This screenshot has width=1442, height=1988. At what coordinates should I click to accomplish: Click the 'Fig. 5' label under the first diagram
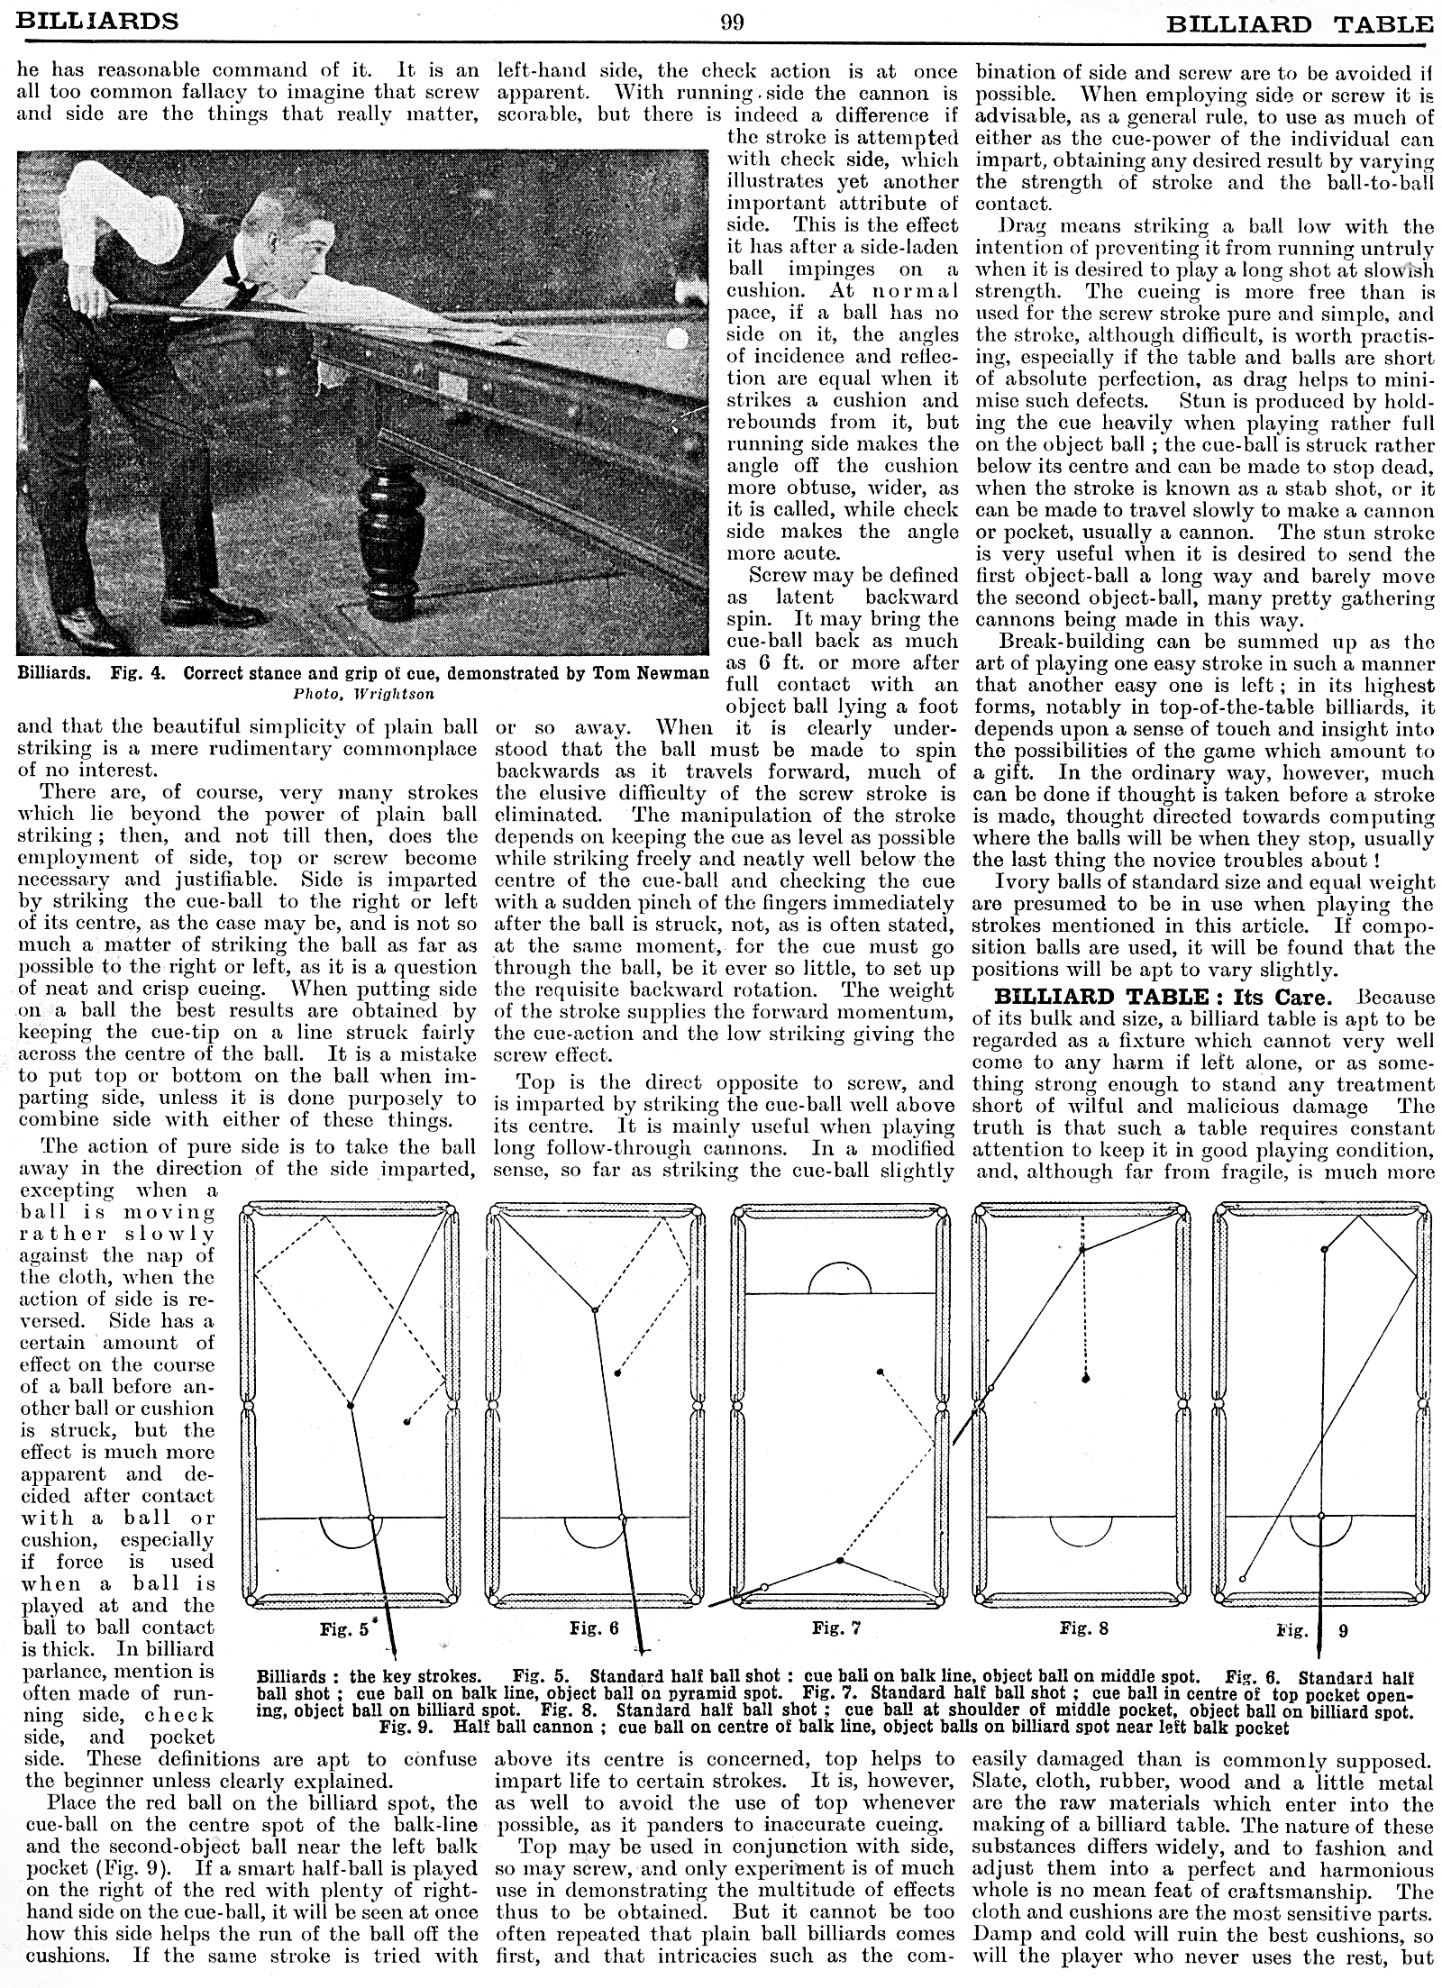pos(345,1629)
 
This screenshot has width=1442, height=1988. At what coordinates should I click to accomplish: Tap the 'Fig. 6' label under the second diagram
pos(594,1628)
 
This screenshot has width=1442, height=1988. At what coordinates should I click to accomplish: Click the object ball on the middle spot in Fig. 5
pos(351,1405)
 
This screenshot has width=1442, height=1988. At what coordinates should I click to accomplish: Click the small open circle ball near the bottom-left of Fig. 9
pos(1243,1579)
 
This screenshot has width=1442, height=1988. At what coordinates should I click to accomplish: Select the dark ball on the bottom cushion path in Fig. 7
pos(840,1560)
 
